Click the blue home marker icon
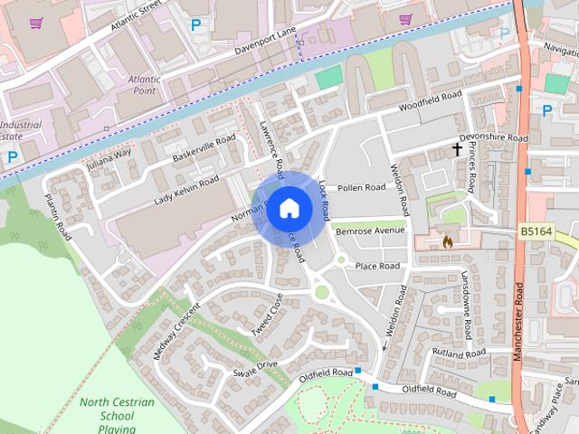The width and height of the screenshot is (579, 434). pos(289,209)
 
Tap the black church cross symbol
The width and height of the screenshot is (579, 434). pos(458,150)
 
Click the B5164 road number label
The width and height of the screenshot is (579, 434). pos(536,232)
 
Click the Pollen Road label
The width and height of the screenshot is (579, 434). pos(361,188)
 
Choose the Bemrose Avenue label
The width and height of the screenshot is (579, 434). pos(369,231)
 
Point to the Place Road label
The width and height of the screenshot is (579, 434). pos(377,266)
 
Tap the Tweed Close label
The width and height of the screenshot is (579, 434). pos(267,314)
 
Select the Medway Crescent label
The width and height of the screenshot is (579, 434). pos(176,330)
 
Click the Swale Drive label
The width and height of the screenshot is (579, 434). pos(255,369)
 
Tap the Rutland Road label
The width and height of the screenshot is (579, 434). pos(460,353)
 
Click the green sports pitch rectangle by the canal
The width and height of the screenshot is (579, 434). pos(329,77)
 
